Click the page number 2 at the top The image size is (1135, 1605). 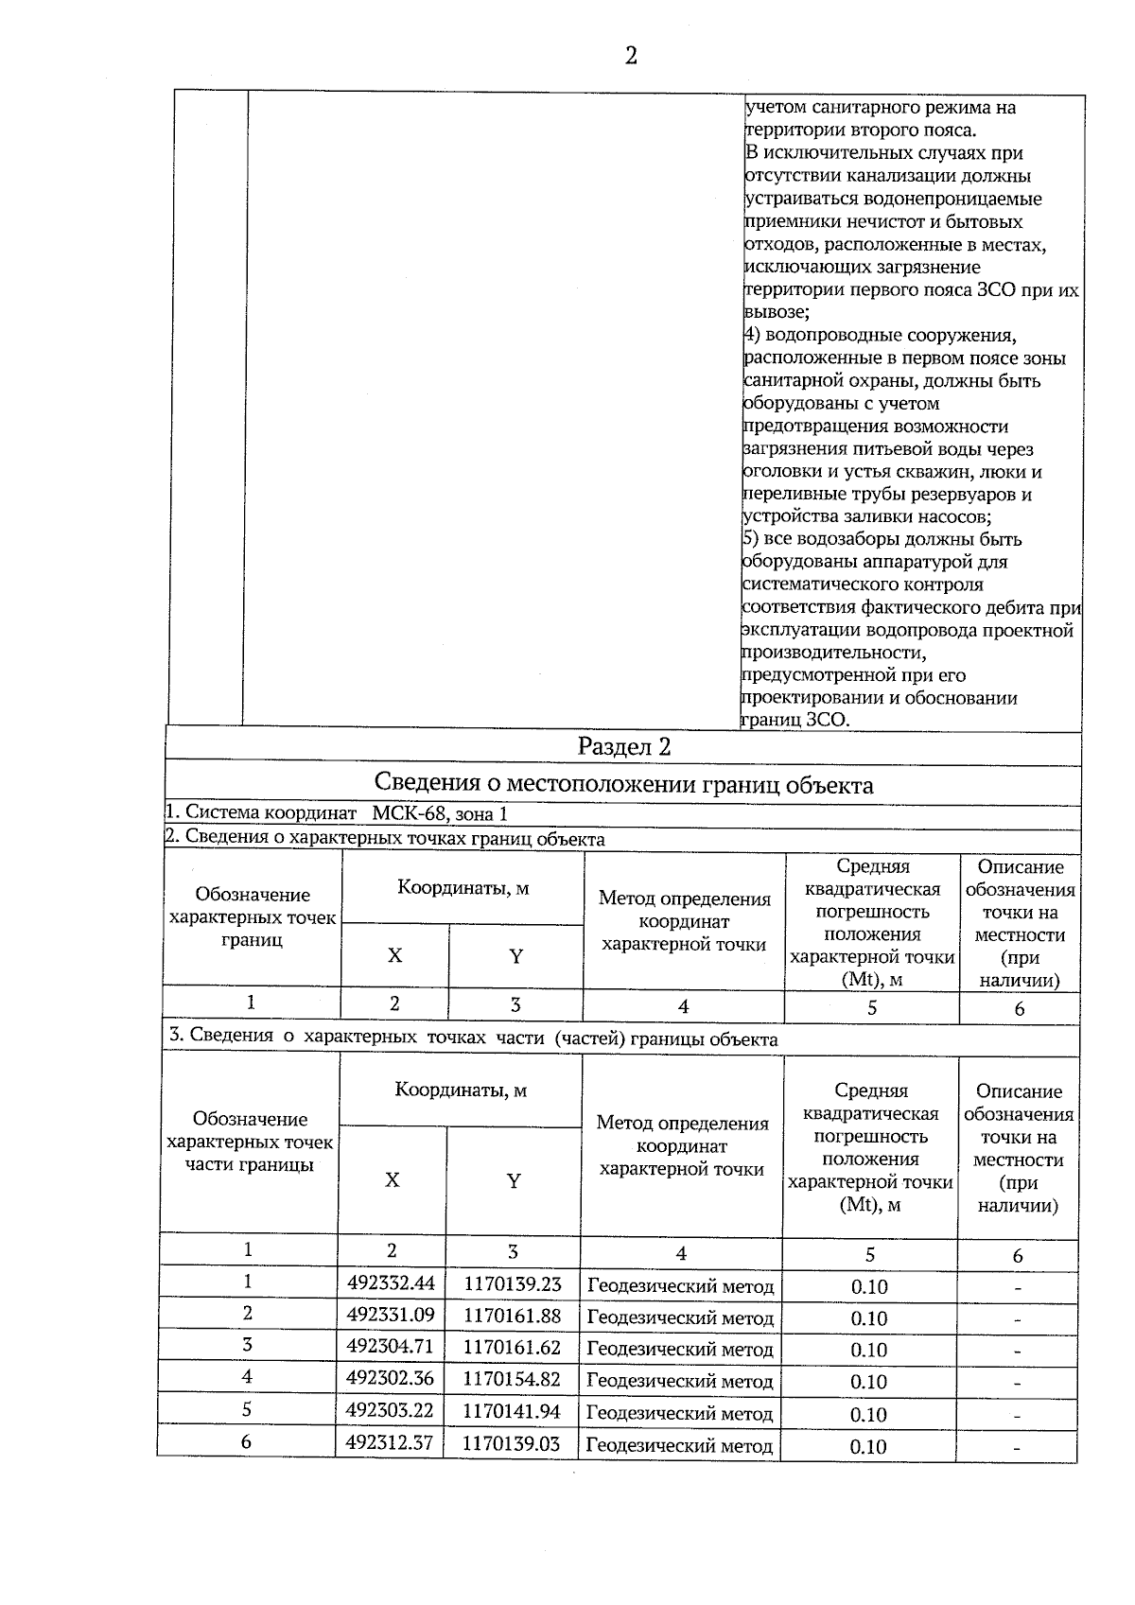tap(631, 57)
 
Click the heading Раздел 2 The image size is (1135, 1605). tap(624, 747)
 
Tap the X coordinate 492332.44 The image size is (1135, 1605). tap(391, 1283)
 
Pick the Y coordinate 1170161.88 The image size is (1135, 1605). tap(512, 1316)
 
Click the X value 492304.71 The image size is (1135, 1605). tap(390, 1347)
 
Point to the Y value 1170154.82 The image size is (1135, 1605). tap(512, 1379)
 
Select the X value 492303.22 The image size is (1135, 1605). tap(390, 1410)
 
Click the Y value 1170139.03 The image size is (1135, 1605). tap(512, 1443)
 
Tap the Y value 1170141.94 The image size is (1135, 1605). tap(512, 1411)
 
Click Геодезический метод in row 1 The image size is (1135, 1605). tap(681, 1286)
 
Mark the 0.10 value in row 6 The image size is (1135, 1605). tap(868, 1446)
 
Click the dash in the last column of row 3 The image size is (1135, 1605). tap(1017, 1352)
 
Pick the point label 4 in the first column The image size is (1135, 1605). tap(247, 1377)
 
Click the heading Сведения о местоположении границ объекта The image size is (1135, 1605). tap(624, 785)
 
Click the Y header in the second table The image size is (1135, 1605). tap(514, 1180)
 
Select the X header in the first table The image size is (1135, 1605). tap(394, 955)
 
